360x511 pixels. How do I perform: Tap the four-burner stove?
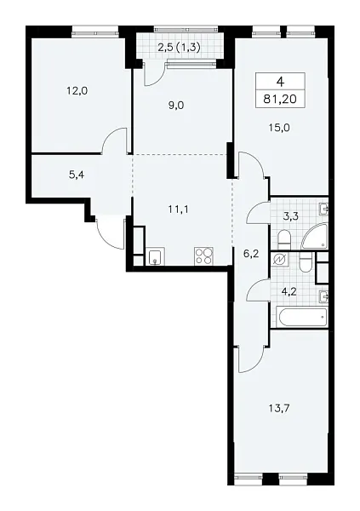(204, 255)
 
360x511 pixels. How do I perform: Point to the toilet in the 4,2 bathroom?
(305, 264)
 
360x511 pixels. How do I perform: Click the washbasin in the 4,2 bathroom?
(323, 296)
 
